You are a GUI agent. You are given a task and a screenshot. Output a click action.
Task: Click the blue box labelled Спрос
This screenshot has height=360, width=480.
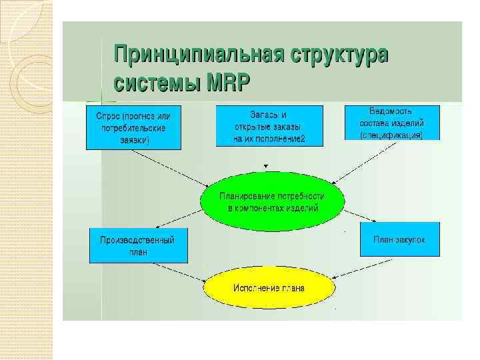point(133,126)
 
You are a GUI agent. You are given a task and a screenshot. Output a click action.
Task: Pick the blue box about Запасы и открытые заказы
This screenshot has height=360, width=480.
point(269,126)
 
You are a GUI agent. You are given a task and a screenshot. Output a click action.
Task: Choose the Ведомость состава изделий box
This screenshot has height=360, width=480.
point(392,123)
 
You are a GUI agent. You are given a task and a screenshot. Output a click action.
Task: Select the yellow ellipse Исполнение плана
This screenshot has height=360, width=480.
point(269,288)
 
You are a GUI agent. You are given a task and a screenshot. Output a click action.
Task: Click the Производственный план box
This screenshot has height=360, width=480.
point(138,245)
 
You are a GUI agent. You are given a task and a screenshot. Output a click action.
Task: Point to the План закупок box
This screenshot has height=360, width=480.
point(400,239)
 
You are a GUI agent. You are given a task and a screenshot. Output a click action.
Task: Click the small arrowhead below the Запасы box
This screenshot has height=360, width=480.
point(266,166)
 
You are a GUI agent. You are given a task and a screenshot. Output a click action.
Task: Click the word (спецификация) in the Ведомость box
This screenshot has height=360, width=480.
point(392,135)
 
